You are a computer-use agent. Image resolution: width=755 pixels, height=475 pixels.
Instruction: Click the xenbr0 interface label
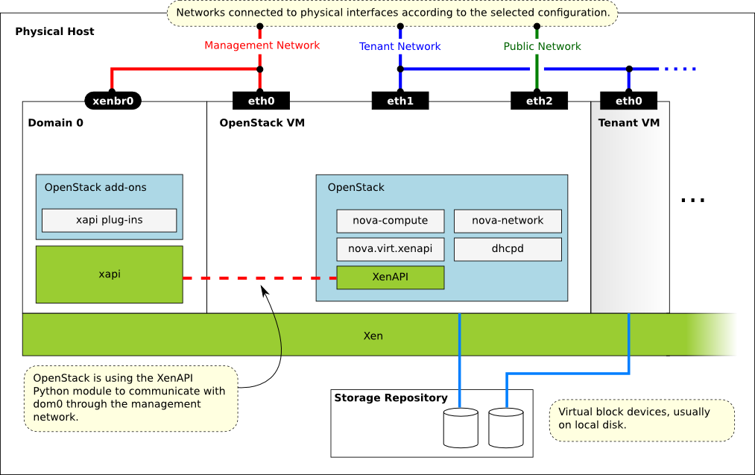point(112,101)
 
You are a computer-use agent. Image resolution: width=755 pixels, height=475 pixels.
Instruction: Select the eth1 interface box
point(400,101)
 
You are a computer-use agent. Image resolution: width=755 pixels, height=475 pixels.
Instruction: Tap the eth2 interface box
point(539,101)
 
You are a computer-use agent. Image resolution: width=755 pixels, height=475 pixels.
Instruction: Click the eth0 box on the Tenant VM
point(628,101)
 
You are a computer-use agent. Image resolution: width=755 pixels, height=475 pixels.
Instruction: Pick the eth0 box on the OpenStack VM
point(261,101)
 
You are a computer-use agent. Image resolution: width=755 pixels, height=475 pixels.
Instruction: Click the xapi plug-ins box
point(109,220)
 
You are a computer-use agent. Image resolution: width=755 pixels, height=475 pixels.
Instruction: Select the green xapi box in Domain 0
point(109,274)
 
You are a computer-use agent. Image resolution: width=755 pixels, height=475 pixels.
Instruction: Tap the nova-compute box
point(390,221)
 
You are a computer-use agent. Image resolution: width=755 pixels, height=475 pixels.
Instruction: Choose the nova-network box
point(508,221)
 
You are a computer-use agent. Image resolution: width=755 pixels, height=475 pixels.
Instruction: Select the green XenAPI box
point(390,277)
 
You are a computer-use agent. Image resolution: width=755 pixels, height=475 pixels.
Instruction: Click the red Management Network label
point(262,45)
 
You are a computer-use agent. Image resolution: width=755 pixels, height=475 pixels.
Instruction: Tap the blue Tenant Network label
point(400,46)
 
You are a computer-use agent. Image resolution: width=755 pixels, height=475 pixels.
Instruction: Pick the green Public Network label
point(542,46)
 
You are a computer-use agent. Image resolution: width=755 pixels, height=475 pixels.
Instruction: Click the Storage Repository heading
point(391,398)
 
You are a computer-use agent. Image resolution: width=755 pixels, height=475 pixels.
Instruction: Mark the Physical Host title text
point(54,32)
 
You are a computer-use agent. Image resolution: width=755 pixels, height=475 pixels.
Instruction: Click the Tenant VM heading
point(628,123)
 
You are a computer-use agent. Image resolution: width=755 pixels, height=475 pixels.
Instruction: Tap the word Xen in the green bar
point(373,336)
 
